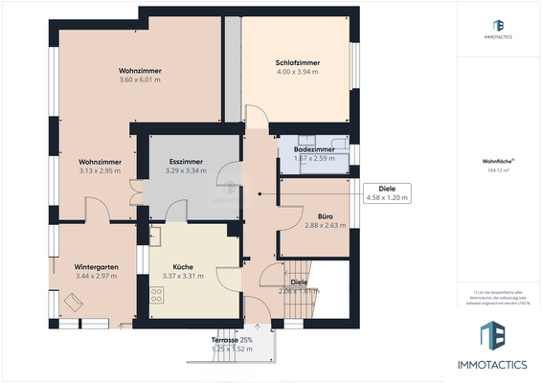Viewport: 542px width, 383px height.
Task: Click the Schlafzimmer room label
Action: pyautogui.click(x=297, y=63)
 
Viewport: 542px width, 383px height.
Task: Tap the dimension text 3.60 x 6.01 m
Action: pyautogui.click(x=140, y=79)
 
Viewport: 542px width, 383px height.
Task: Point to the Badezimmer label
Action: pyautogui.click(x=312, y=149)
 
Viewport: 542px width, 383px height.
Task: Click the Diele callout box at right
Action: pyautogui.click(x=387, y=193)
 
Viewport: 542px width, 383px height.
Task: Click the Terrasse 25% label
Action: pyautogui.click(x=232, y=340)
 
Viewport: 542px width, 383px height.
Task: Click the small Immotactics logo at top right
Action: pyautogui.click(x=498, y=29)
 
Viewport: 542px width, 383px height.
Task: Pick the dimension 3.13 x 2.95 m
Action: pyautogui.click(x=99, y=171)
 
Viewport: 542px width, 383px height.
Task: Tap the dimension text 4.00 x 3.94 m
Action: pyautogui.click(x=297, y=72)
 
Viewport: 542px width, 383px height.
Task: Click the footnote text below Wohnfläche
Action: pyautogui.click(x=498, y=298)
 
